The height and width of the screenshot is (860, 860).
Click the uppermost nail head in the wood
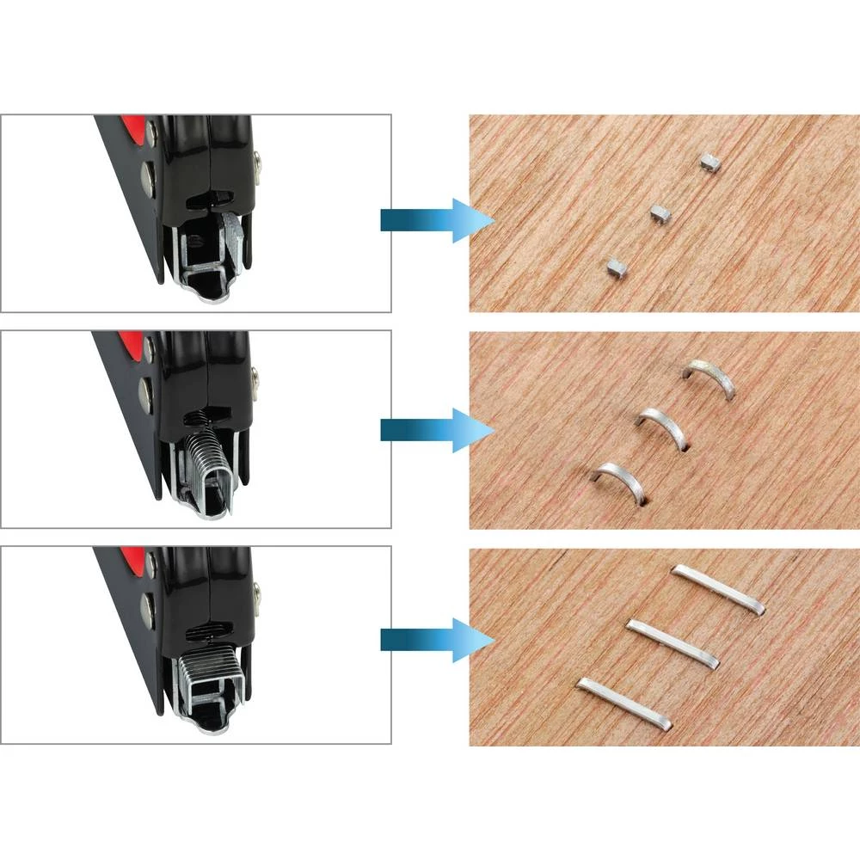click(709, 161)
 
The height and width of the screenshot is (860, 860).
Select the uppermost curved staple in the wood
click(710, 377)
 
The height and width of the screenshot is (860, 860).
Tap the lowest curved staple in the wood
click(617, 480)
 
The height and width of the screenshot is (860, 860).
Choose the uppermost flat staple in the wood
click(718, 588)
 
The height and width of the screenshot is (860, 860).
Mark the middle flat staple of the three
click(672, 642)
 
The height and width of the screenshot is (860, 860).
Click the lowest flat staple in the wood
click(624, 702)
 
